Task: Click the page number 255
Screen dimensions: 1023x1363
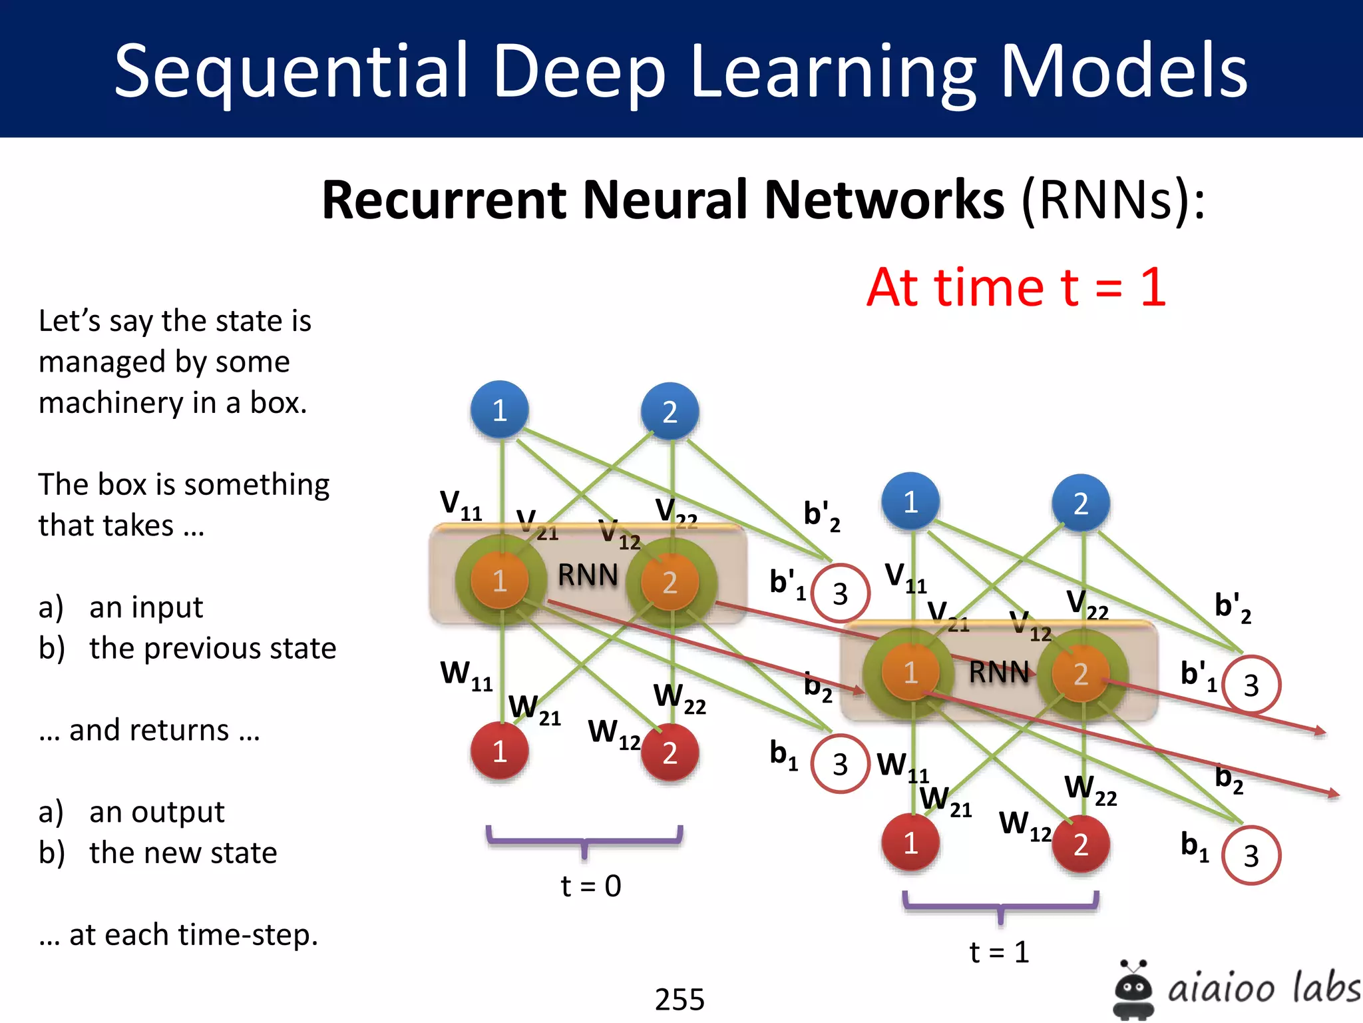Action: (680, 999)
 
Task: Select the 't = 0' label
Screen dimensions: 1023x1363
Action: (591, 886)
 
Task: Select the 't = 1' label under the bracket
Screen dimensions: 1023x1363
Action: (999, 952)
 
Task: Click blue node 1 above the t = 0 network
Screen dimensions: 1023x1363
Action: (500, 410)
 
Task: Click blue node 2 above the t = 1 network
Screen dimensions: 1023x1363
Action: (1081, 504)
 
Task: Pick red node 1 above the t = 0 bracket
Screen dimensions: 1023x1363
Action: (500, 751)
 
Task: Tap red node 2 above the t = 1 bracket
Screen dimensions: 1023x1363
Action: (1081, 844)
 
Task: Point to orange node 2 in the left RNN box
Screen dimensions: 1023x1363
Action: (670, 582)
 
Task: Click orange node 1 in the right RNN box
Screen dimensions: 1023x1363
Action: (910, 673)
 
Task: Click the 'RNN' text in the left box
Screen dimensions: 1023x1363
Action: (588, 575)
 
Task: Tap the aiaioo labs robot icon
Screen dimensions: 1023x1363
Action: (1133, 990)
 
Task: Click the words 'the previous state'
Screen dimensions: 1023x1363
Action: (213, 648)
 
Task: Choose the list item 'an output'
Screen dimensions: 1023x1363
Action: (157, 812)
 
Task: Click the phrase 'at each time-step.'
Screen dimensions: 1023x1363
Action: (193, 935)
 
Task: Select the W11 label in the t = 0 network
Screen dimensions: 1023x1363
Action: (466, 675)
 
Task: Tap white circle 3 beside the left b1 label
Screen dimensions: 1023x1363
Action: (840, 764)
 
